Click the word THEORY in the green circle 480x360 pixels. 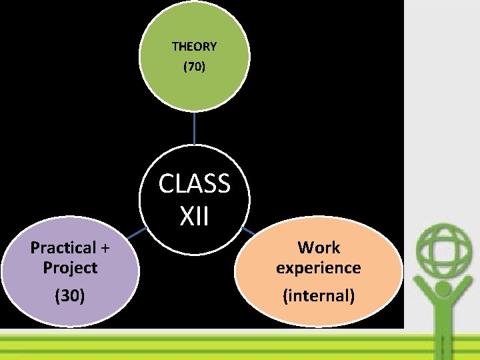coord(194,47)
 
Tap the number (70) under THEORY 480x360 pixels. coord(194,67)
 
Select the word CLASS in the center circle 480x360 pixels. coord(194,183)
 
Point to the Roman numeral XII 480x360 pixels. coord(194,215)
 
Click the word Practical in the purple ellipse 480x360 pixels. coord(63,248)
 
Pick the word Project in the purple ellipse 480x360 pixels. coord(70,268)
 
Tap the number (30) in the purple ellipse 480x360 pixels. coord(70,295)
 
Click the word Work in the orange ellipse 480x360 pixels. coord(319,248)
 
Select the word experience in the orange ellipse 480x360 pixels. coord(319,268)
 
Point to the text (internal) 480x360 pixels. coord(319,295)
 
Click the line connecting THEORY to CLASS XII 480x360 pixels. coord(194,128)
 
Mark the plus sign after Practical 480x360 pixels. coord(105,248)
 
